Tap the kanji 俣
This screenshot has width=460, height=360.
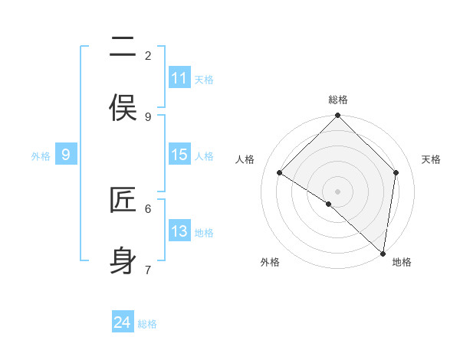(123, 107)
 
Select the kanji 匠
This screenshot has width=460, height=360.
(123, 201)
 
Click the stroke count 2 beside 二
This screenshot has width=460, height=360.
(148, 55)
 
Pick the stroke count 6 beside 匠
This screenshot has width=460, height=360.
(148, 208)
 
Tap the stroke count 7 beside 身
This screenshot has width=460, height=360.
(148, 270)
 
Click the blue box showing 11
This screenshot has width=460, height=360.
(179, 78)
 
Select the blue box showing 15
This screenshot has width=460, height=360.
(179, 155)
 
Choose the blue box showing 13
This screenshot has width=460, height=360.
(179, 231)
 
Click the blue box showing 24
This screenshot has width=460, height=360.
(123, 322)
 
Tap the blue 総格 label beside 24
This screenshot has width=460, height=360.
(147, 324)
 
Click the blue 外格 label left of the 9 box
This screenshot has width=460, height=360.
(41, 156)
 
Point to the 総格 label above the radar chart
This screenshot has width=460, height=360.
(338, 100)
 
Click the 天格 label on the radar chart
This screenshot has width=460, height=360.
(431, 159)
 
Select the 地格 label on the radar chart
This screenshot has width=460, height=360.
(402, 262)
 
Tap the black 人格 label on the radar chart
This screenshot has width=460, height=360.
(245, 159)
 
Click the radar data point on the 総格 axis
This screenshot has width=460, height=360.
(338, 116)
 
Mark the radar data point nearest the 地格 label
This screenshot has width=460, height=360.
(383, 254)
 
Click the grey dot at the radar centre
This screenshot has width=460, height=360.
(338, 191)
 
